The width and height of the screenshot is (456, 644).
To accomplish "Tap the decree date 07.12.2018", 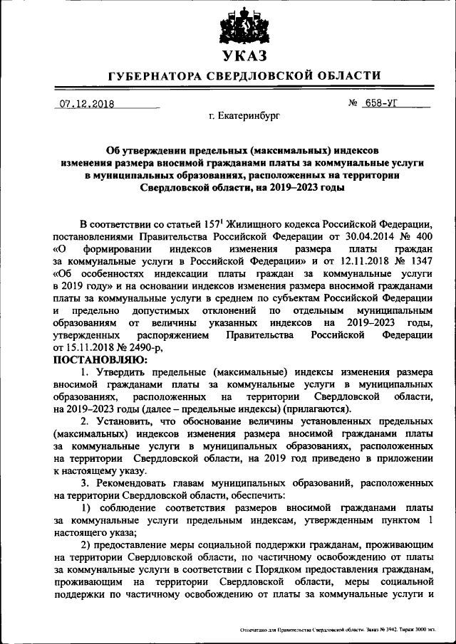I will point(87,103).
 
